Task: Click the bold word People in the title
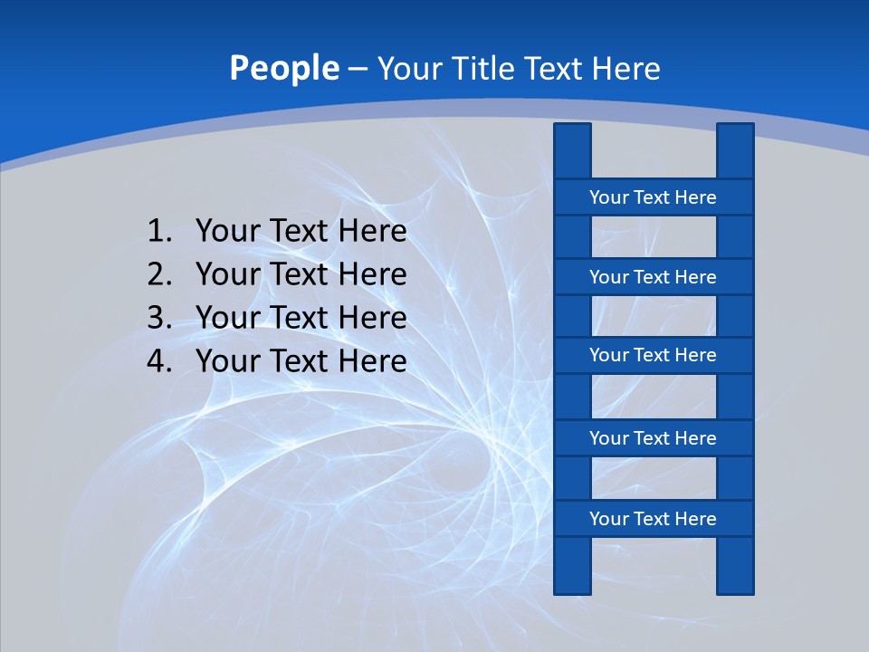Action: pos(283,69)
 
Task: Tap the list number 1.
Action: pos(158,232)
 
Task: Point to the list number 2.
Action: pos(158,274)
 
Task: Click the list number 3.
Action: pos(158,318)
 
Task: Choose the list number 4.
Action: pos(158,361)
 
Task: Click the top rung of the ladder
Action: pos(653,197)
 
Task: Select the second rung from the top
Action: pos(653,277)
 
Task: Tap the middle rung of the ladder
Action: pos(653,355)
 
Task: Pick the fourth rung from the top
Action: pos(653,438)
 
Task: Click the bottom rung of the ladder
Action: pos(653,519)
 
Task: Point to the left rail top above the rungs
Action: pos(572,150)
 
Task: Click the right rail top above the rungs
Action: pos(735,150)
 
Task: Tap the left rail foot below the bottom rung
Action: pos(572,566)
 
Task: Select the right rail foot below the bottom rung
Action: pos(735,566)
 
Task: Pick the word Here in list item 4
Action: pos(372,361)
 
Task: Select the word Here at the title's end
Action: pos(625,69)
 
